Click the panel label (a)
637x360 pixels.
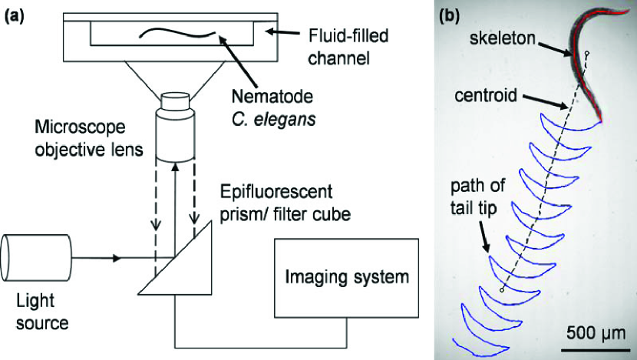pos(15,17)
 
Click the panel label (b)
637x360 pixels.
pos(450,16)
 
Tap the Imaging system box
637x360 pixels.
pos(347,278)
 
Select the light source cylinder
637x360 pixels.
pos(36,258)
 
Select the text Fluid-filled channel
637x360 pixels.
pos(348,47)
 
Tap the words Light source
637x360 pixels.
pos(42,312)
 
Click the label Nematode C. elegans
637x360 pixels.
pos(273,108)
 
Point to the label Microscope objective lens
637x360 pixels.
pos(89,138)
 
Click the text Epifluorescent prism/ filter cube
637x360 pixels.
pos(285,203)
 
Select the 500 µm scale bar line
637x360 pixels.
pos(596,349)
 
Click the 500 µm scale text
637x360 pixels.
pos(596,333)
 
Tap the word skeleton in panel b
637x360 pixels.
pos(503,38)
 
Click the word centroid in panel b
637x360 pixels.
pos(486,95)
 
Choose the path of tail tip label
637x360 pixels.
pos(477,197)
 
